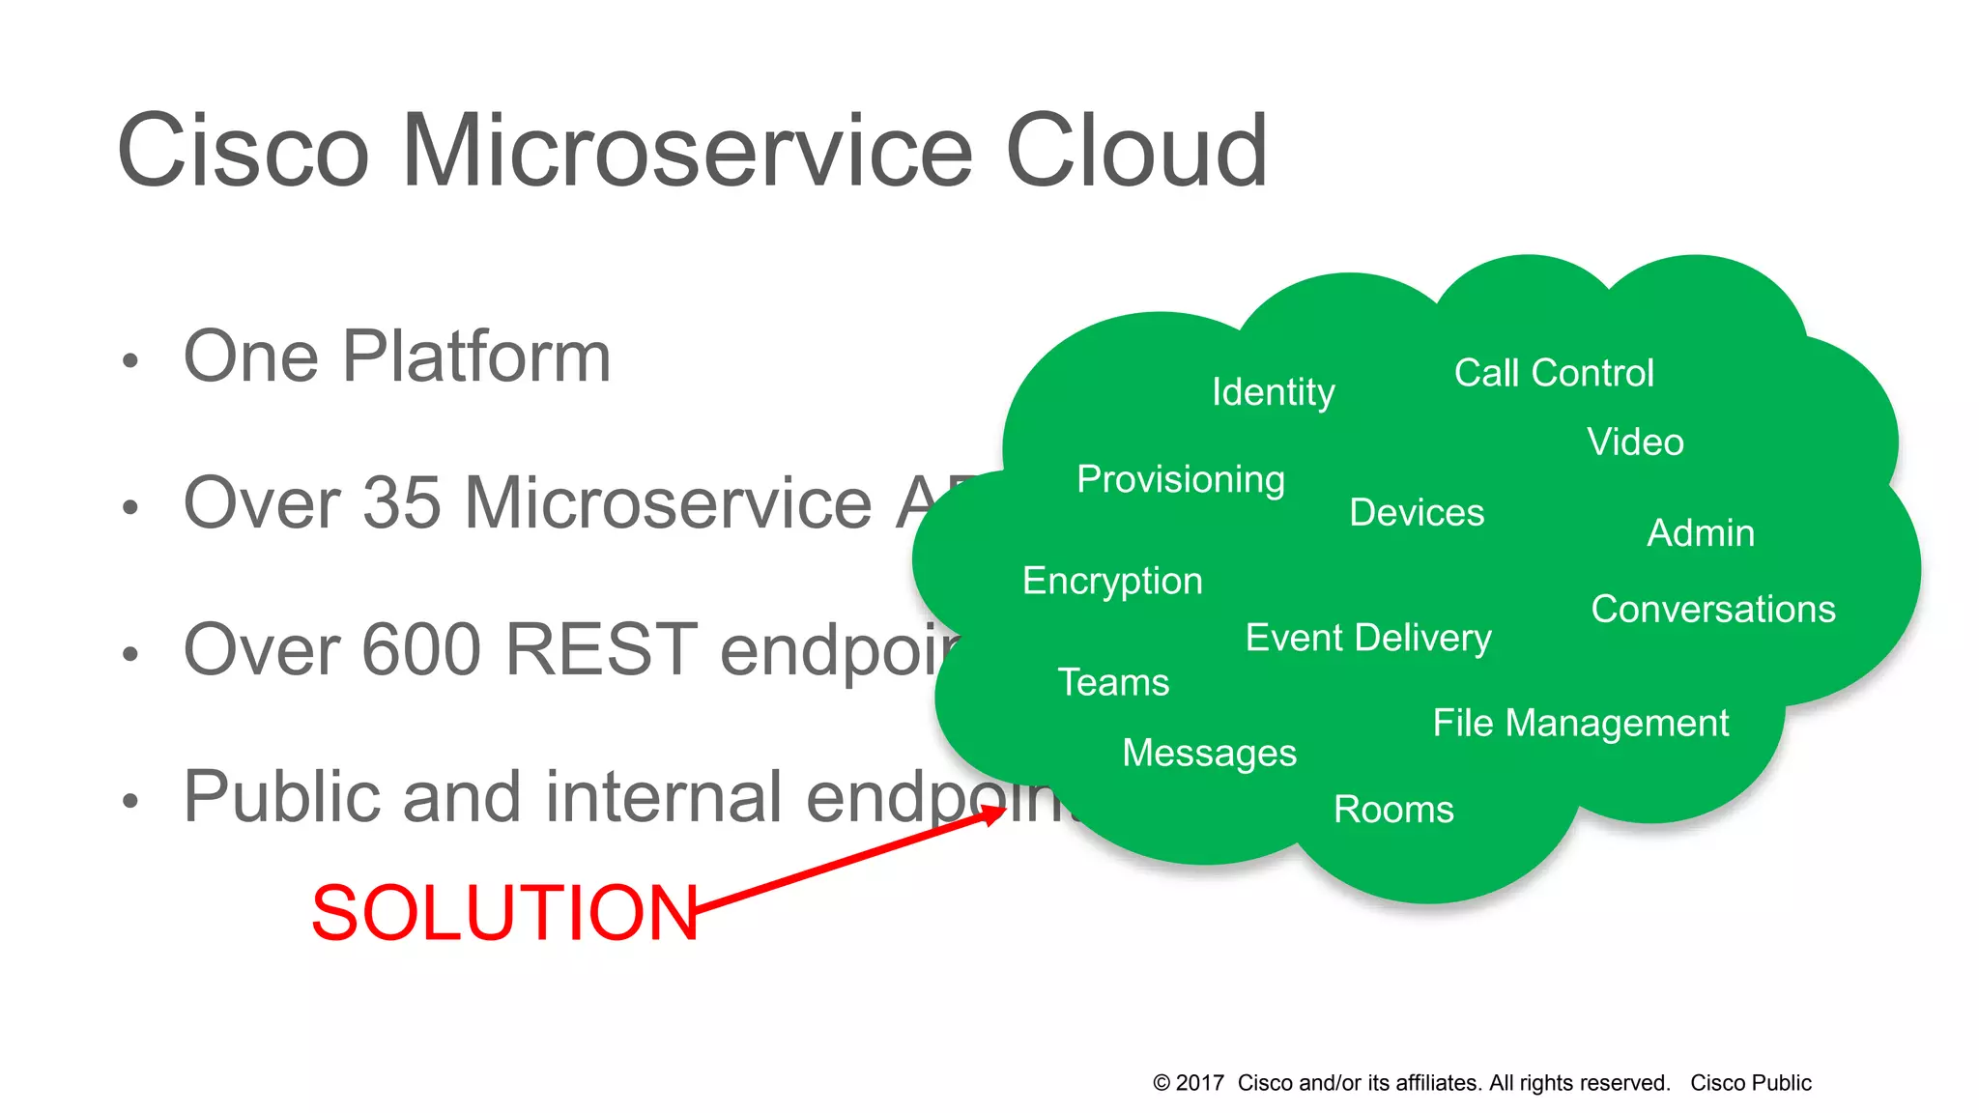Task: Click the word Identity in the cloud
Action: [1273, 392]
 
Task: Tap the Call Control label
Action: [1554, 373]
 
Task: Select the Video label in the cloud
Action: [1635, 442]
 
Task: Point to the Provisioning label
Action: [1181, 479]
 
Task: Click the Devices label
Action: [1417, 512]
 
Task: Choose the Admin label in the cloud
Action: [1701, 533]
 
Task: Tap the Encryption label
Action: [1112, 581]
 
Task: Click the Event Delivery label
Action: [1368, 638]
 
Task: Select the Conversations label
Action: [1713, 609]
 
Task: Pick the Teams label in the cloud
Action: [1113, 682]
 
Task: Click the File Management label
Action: [1581, 723]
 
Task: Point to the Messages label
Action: [1209, 753]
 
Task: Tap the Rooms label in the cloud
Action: [1393, 810]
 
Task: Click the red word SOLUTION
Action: [504, 913]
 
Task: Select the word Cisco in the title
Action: [243, 151]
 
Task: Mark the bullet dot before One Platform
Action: [130, 361]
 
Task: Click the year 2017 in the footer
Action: [1200, 1083]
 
